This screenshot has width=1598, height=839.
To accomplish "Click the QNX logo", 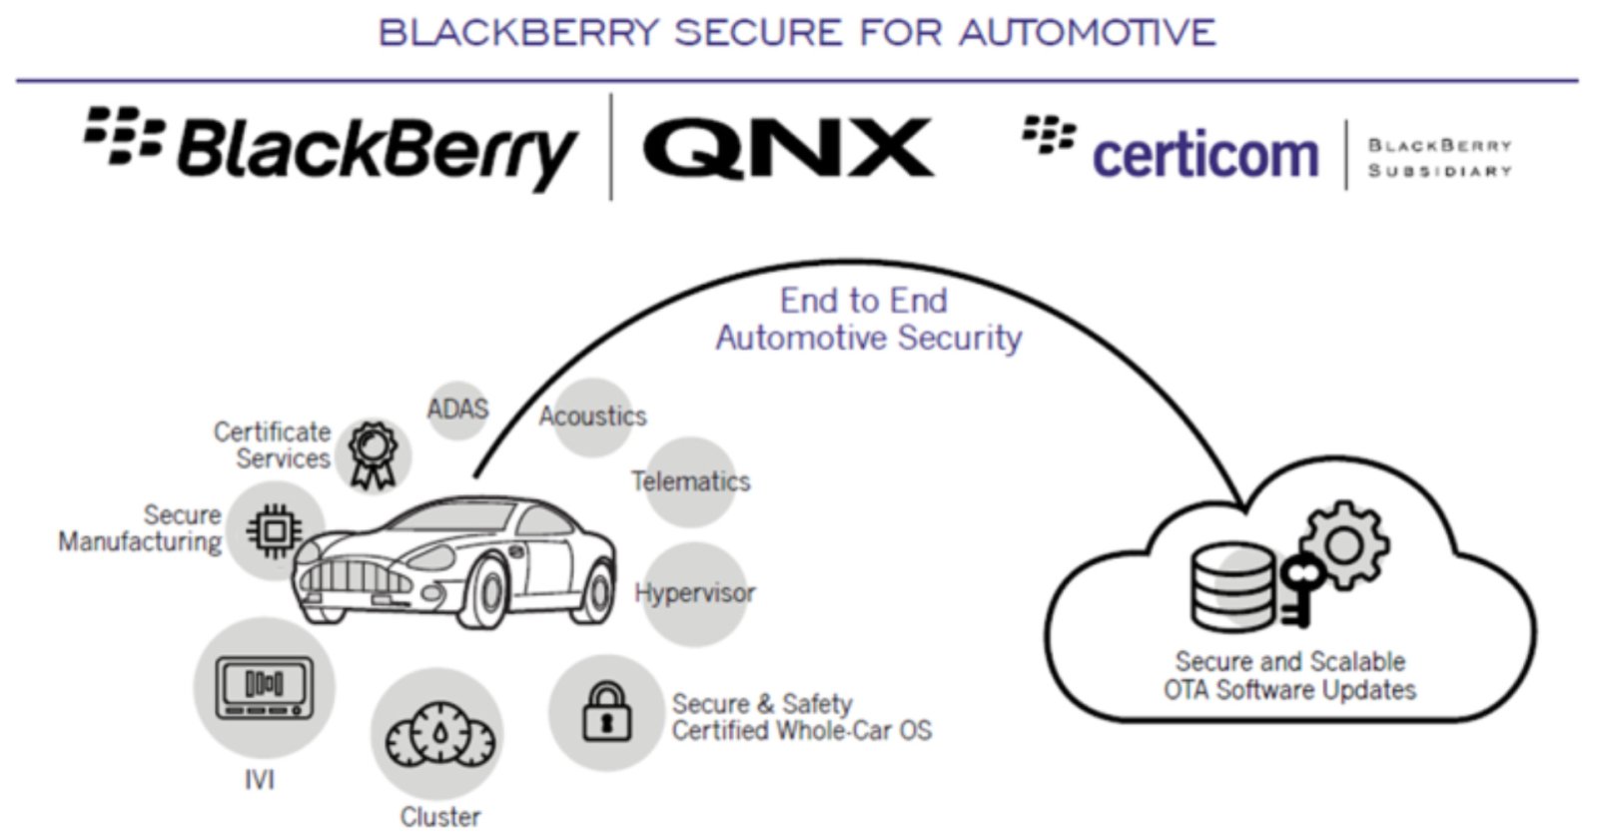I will pyautogui.click(x=787, y=149).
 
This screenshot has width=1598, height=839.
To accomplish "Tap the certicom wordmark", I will pyautogui.click(x=1204, y=156).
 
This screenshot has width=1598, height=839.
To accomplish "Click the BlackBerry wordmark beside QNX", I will pyautogui.click(x=376, y=151).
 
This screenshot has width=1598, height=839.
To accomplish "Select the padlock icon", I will pyautogui.click(x=606, y=711).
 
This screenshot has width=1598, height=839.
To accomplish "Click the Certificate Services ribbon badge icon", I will pyautogui.click(x=373, y=454).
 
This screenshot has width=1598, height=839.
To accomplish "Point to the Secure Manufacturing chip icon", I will pyautogui.click(x=274, y=529).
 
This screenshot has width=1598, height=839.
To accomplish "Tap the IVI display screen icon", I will pyautogui.click(x=264, y=687).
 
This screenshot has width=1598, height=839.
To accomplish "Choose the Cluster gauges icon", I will pyautogui.click(x=439, y=736).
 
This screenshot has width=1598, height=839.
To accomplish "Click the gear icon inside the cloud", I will pyautogui.click(x=1343, y=545).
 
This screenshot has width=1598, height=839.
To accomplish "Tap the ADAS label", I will pyautogui.click(x=457, y=409).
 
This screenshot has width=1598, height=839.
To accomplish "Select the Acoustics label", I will pyautogui.click(x=593, y=417).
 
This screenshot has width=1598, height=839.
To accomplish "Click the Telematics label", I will pyautogui.click(x=691, y=481).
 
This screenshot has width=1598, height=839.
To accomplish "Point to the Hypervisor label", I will pyautogui.click(x=695, y=592).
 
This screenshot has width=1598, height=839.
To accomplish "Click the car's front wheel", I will pyautogui.click(x=488, y=592).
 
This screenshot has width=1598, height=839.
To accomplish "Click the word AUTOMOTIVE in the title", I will pyautogui.click(x=1087, y=33).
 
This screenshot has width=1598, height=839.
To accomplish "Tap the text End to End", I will pyautogui.click(x=863, y=301).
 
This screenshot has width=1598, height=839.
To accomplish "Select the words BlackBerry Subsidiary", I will pyautogui.click(x=1439, y=158).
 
